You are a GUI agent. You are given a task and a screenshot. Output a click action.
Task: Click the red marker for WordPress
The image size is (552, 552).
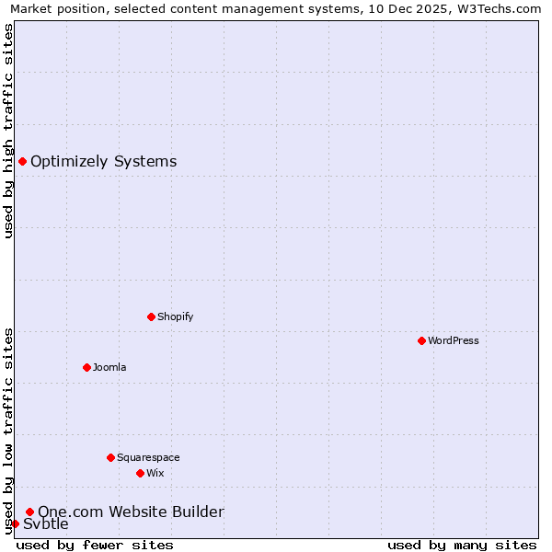coord(421,340)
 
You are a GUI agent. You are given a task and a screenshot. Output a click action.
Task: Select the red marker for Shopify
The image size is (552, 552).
coord(151,316)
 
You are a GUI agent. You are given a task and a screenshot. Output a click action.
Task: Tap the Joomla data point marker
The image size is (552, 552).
coord(86,367)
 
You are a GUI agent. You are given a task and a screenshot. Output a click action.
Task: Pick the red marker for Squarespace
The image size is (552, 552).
coord(110,457)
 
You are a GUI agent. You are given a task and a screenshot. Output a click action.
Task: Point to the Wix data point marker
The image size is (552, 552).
coord(140,473)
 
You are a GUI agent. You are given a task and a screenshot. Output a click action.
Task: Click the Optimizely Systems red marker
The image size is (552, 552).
coord(22,162)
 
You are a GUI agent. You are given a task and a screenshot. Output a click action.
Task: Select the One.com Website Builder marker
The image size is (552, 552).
coord(29,512)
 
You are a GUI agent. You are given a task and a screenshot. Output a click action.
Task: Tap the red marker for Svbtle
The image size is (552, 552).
coord(15,523)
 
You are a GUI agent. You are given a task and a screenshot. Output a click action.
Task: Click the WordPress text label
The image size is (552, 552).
coord(454,340)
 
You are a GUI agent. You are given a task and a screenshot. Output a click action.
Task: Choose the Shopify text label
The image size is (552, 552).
coord(175,316)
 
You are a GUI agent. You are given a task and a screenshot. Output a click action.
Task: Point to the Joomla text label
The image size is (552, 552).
coord(109,367)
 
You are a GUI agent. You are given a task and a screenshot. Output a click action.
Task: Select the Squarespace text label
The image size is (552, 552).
coord(148,457)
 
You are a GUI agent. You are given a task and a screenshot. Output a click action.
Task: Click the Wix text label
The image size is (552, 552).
coord(155,473)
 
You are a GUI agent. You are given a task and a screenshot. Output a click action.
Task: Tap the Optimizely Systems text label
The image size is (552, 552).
coord(103,162)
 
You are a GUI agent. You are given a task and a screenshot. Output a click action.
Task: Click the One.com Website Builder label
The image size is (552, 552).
coord(131,512)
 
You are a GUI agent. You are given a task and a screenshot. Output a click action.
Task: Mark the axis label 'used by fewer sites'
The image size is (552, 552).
coord(95,545)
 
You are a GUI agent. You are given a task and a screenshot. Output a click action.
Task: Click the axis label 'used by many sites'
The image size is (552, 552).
coord(462,545)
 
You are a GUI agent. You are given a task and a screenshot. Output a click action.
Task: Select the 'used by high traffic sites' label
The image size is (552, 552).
coord(8,131)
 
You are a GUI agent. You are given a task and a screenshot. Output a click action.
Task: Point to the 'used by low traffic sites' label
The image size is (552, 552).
coord(8,431)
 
